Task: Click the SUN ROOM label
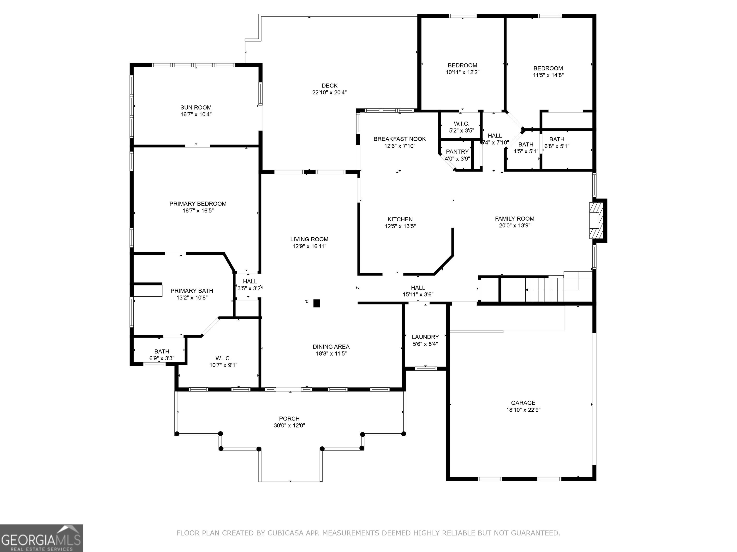196,108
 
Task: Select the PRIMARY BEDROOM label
198,204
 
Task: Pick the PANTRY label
458,152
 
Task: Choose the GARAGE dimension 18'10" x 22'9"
523,410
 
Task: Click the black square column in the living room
316,304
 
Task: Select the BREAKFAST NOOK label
399,139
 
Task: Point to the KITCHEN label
400,219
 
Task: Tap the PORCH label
289,419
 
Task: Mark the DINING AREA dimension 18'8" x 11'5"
331,354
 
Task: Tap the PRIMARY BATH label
192,291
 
